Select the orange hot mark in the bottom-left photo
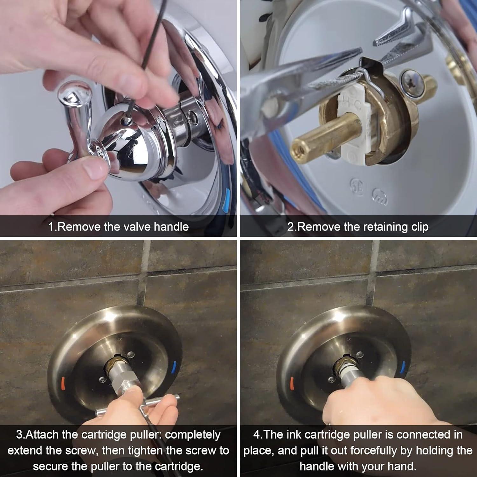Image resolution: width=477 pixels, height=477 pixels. pos(62,380)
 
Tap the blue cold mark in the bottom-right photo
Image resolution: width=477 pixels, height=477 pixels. pos(403,366)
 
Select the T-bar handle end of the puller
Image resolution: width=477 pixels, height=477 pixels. pos(176,397)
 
